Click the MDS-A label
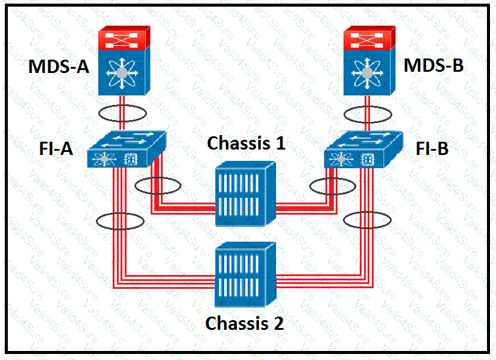pyautogui.click(x=58, y=66)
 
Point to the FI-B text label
pyautogui.click(x=432, y=148)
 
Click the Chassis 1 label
pyautogui.click(x=246, y=144)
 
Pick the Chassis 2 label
pyautogui.click(x=244, y=323)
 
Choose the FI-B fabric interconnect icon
pyautogui.click(x=362, y=150)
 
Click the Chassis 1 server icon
pyautogui.click(x=245, y=194)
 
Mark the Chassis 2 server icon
pyautogui.click(x=245, y=272)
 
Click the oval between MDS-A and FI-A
pyautogui.click(x=123, y=113)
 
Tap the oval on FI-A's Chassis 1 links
pyautogui.click(x=157, y=186)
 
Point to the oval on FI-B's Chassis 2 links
pyautogui.click(x=366, y=220)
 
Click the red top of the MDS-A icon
pyautogui.click(x=123, y=39)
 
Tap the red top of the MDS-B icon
pyautogui.click(x=369, y=39)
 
